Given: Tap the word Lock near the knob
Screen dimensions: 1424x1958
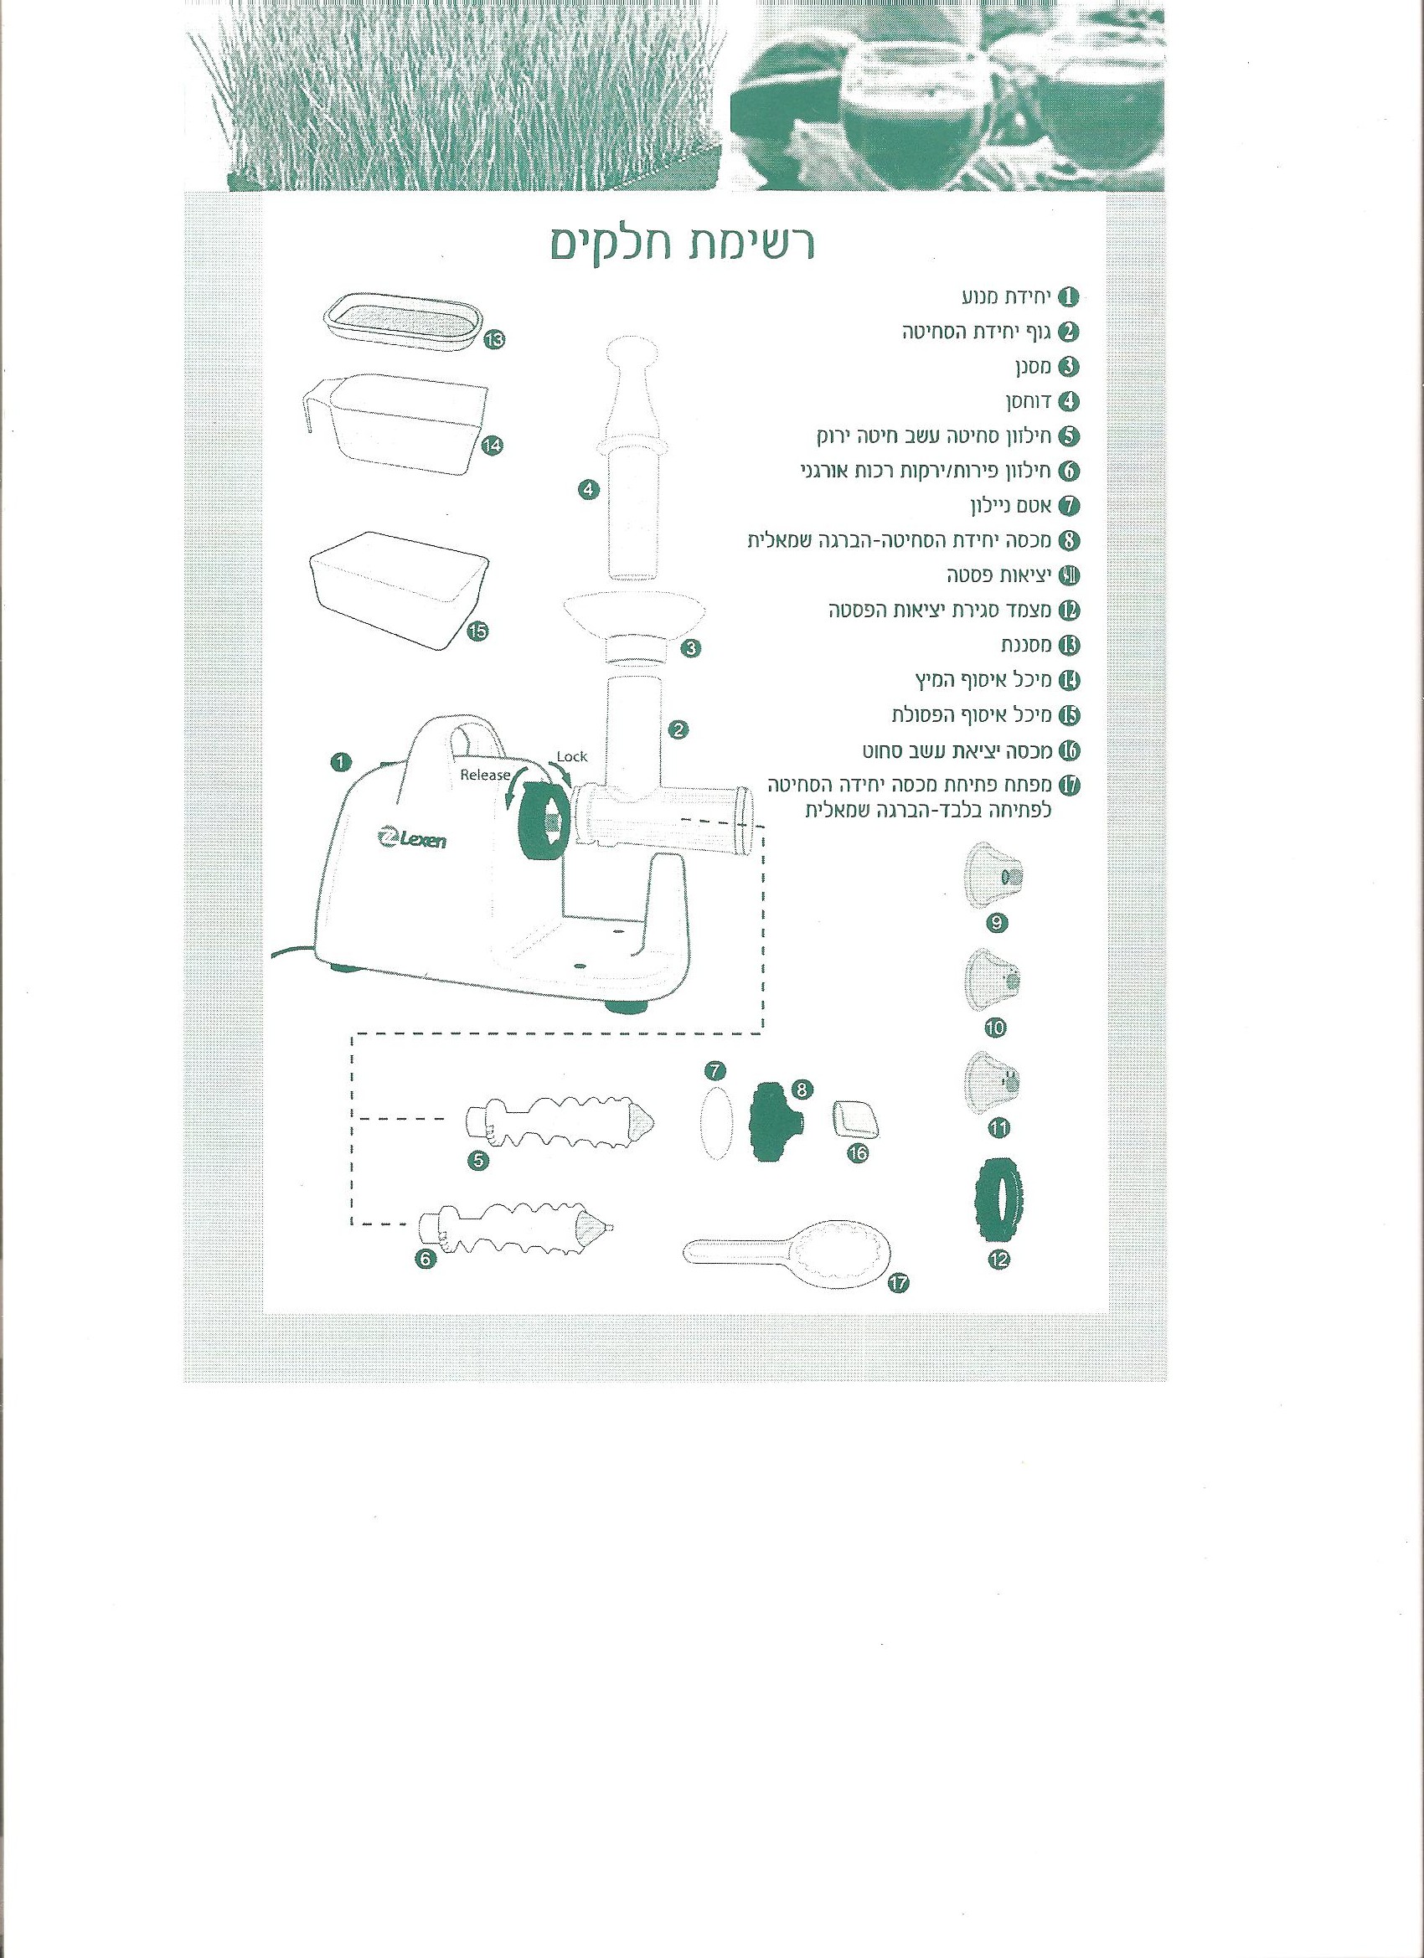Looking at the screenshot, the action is (571, 756).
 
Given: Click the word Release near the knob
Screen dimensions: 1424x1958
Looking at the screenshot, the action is (484, 775).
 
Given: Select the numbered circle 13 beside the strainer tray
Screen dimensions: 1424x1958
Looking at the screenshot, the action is (494, 339).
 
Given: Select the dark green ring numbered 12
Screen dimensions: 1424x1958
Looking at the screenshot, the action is (1000, 1204).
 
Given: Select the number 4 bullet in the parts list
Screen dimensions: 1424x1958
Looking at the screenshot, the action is (1069, 400).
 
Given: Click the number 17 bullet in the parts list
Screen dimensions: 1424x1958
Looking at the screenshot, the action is (1069, 784).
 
